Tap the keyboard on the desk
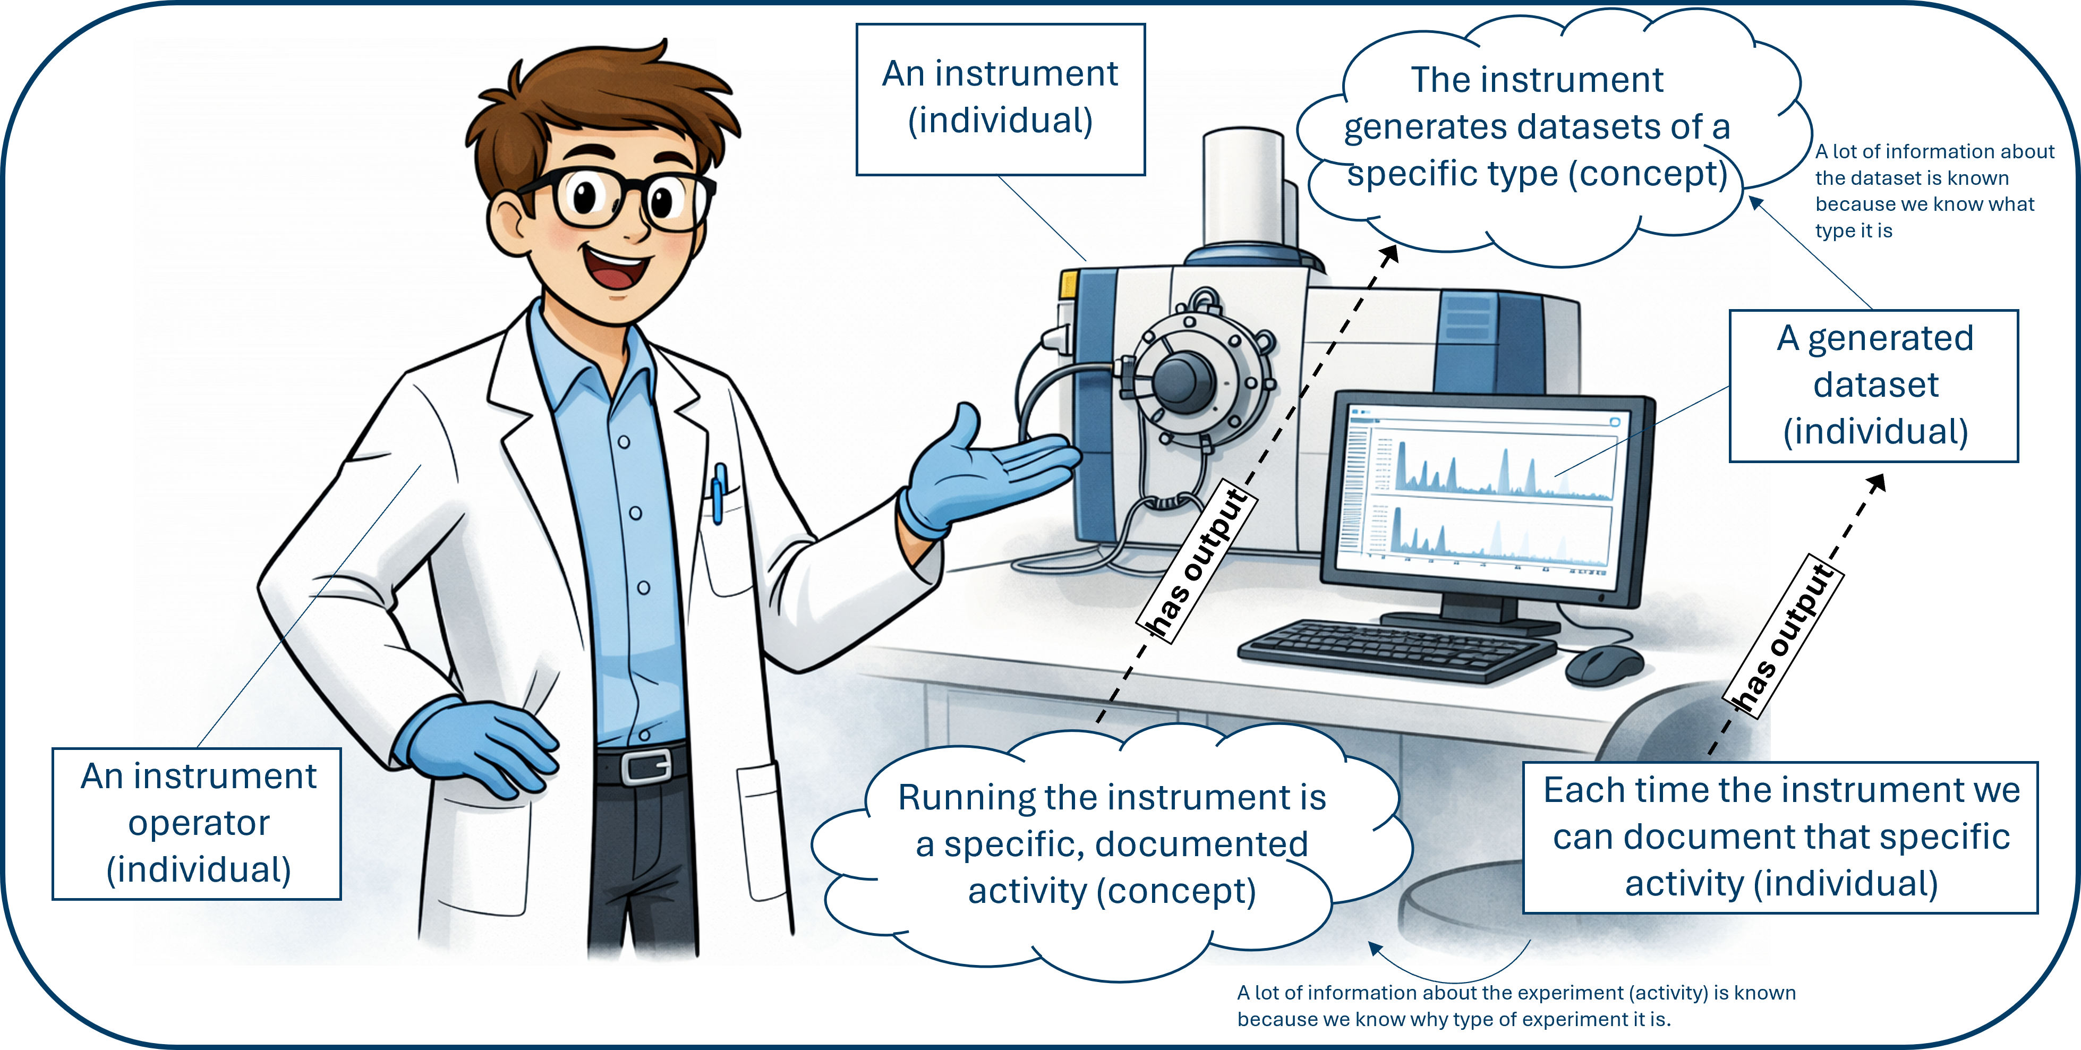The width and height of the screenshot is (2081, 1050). tap(1397, 650)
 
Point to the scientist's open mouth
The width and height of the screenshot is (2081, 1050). tap(618, 267)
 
